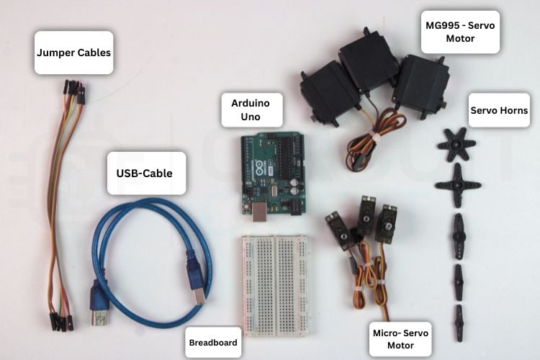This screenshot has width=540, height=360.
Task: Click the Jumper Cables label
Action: (73, 53)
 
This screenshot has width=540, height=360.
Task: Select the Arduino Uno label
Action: (251, 110)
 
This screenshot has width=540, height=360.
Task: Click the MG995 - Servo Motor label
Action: (460, 32)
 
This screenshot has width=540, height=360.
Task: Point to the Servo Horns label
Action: (499, 110)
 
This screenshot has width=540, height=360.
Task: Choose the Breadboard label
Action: (212, 343)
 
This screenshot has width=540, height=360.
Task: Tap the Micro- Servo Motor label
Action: (400, 339)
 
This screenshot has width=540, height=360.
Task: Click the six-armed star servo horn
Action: (456, 144)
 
